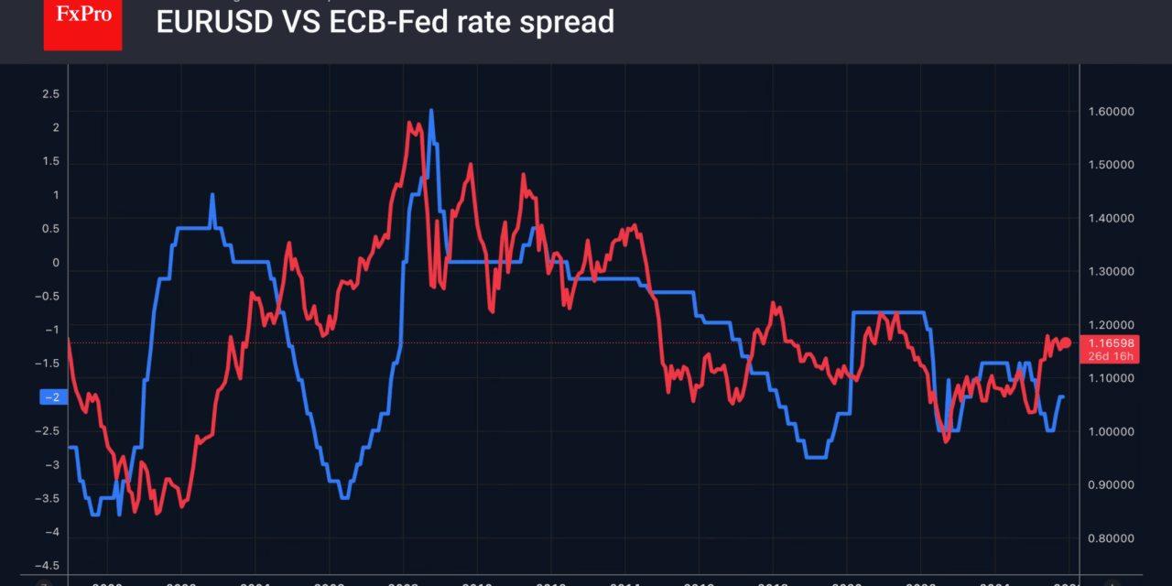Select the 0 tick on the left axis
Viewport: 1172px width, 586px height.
[x=55, y=263]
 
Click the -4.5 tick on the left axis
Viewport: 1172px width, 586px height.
[x=48, y=566]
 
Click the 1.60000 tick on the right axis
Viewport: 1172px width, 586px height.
[x=1109, y=112]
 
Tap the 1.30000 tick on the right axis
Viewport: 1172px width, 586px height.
[x=1109, y=272]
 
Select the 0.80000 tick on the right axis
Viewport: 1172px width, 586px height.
[x=1109, y=538]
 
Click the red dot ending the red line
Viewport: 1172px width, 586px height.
[x=1066, y=342]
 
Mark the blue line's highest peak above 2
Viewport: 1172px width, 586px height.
[x=430, y=112]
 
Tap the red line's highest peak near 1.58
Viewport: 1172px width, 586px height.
[x=408, y=122]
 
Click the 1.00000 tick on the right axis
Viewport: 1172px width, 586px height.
[x=1109, y=432]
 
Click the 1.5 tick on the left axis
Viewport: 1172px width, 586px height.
[x=51, y=162]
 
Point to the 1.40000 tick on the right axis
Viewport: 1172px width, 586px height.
[x=1109, y=219]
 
